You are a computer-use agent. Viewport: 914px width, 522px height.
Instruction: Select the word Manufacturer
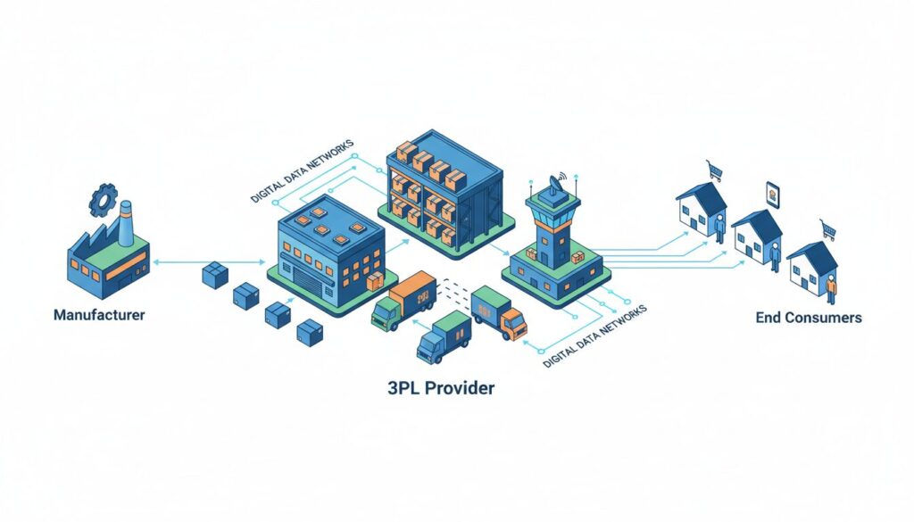(x=99, y=315)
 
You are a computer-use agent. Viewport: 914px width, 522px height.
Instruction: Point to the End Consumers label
(x=809, y=317)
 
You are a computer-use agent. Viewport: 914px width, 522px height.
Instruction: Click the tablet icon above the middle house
(x=773, y=194)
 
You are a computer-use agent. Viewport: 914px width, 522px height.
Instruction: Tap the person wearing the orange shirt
(x=831, y=290)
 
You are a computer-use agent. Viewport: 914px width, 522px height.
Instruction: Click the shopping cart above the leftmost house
(x=714, y=169)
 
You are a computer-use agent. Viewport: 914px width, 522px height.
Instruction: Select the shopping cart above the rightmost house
(x=829, y=230)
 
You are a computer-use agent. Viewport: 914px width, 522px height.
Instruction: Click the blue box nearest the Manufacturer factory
(x=214, y=275)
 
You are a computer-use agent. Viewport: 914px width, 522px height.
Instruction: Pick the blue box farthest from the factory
(x=309, y=334)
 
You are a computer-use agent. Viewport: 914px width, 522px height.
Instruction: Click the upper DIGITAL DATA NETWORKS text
(x=302, y=170)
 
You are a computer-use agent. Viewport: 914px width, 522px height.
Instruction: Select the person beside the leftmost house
(x=719, y=227)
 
